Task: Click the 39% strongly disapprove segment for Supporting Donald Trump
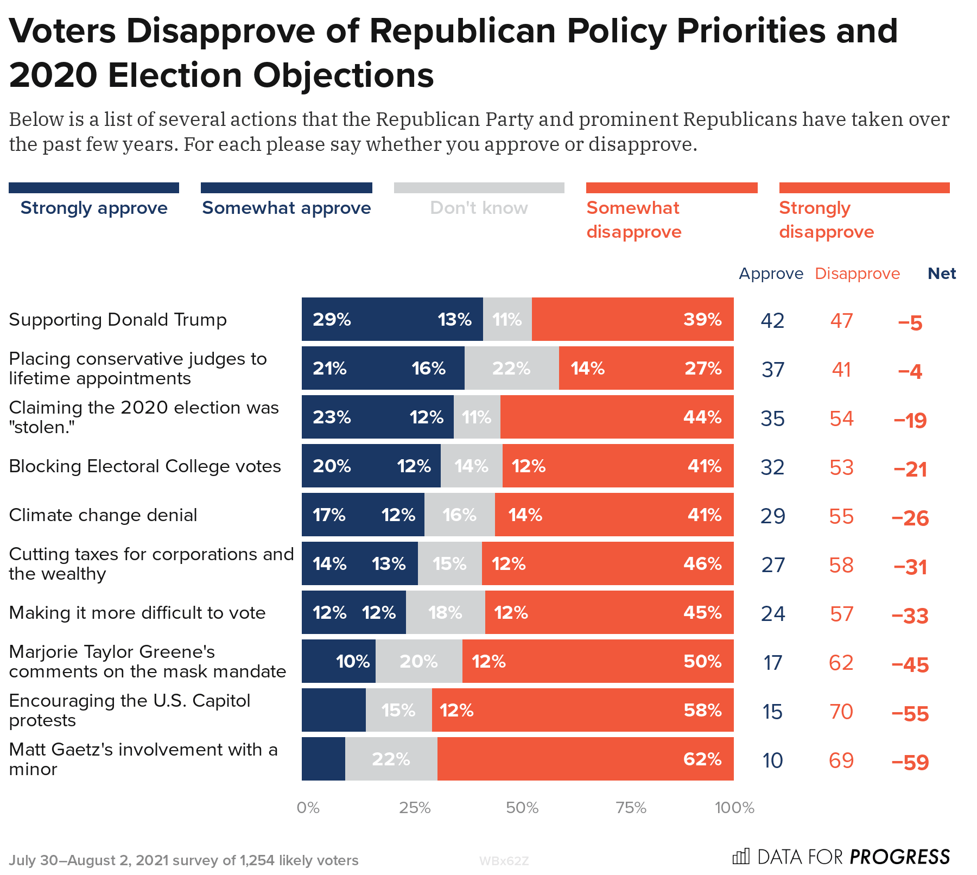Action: tap(632, 319)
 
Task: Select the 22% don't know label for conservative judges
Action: tap(511, 369)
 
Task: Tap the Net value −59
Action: tap(910, 763)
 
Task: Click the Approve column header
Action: tap(771, 274)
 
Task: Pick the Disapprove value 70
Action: tap(841, 712)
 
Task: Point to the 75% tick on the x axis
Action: tap(631, 808)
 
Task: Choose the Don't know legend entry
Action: tap(479, 208)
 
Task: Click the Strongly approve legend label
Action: tap(94, 208)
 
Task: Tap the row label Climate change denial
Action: tap(103, 515)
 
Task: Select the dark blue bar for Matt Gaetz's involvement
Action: tap(323, 759)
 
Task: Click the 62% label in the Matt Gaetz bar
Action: tap(702, 759)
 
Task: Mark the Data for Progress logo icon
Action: tap(741, 857)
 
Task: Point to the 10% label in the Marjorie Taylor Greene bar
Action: tap(353, 661)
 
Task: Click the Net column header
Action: tap(942, 274)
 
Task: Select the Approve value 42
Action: tap(772, 321)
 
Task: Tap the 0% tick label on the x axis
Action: tap(308, 808)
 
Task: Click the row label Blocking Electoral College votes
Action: tap(145, 466)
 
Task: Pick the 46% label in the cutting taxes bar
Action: tap(702, 563)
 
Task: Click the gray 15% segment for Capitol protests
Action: tap(398, 710)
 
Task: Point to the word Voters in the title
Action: tap(62, 31)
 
